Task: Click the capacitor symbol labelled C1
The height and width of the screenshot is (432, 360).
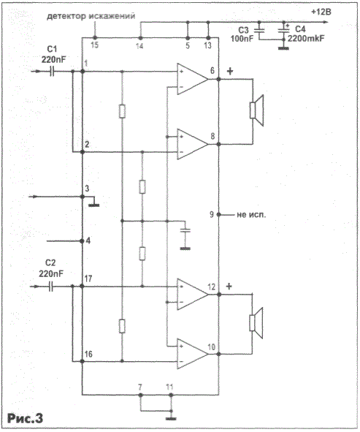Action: click(x=52, y=72)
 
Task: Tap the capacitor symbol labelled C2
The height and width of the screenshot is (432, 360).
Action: click(x=51, y=287)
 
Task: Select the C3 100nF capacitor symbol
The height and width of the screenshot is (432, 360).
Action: click(x=258, y=30)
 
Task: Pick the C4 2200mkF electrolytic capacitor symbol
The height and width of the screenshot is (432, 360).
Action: click(x=284, y=30)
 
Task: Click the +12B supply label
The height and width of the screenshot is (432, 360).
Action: click(x=321, y=12)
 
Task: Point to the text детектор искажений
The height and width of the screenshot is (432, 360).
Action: click(x=91, y=16)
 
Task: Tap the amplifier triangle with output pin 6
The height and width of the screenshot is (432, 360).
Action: click(x=193, y=79)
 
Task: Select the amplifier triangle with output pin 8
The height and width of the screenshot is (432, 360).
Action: click(x=193, y=144)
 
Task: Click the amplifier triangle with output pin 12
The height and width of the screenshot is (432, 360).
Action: click(x=193, y=295)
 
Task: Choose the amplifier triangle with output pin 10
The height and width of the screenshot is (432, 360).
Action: click(x=193, y=354)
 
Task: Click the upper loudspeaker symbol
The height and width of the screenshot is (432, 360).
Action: click(x=256, y=110)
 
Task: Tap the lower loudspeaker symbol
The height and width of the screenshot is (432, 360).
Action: click(x=256, y=323)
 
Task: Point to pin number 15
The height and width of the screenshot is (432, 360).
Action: click(x=94, y=45)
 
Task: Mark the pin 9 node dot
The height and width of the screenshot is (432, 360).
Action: click(x=219, y=214)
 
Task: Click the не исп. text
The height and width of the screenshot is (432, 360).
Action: click(x=251, y=215)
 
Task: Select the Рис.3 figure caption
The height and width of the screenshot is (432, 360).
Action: click(x=26, y=418)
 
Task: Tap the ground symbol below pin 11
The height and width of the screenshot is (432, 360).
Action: click(x=171, y=419)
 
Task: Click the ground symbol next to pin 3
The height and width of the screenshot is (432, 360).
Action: click(x=94, y=205)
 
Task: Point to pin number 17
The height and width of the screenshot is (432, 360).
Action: click(x=88, y=278)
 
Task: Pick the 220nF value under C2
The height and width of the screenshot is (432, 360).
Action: click(x=51, y=274)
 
